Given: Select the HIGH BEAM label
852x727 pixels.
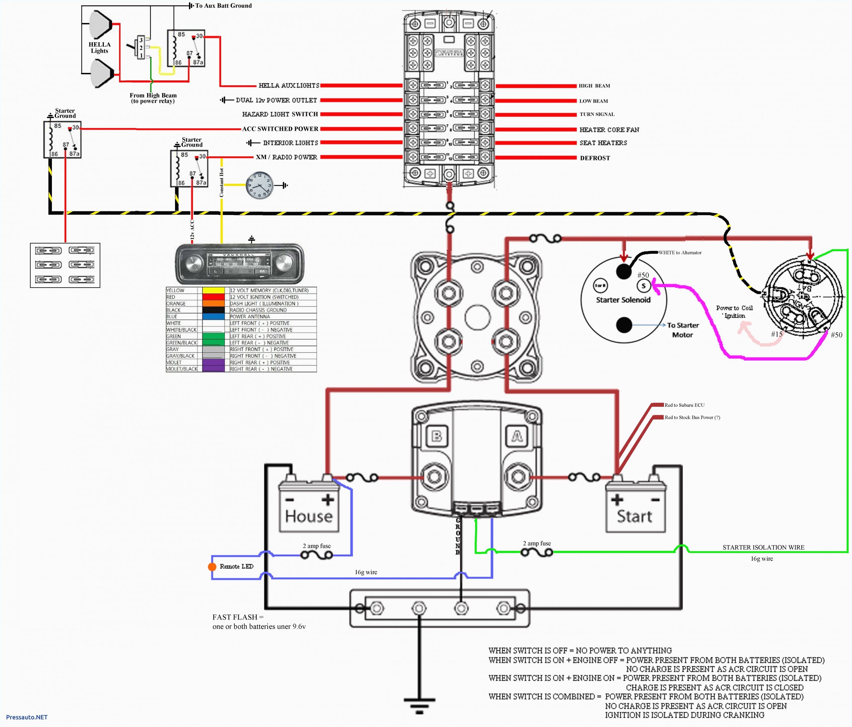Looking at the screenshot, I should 594,86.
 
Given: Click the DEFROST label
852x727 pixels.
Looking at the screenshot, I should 595,158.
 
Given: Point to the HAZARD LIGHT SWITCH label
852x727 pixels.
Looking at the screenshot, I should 280,114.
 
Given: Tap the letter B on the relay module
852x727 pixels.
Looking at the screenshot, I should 437,436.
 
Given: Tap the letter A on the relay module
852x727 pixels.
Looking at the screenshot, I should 517,436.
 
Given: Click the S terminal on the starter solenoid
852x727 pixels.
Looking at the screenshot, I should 644,286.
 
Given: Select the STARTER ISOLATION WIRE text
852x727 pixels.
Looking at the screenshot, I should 763,547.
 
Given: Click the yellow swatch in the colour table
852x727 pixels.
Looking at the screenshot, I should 213,290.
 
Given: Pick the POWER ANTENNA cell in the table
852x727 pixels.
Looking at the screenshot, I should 250,317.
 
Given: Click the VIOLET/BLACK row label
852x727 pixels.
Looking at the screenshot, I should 182,369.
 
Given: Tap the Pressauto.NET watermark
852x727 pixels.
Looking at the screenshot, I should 27,717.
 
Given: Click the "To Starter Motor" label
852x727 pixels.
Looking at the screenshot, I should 683,330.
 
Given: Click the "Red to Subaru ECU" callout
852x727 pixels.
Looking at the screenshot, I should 684,405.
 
